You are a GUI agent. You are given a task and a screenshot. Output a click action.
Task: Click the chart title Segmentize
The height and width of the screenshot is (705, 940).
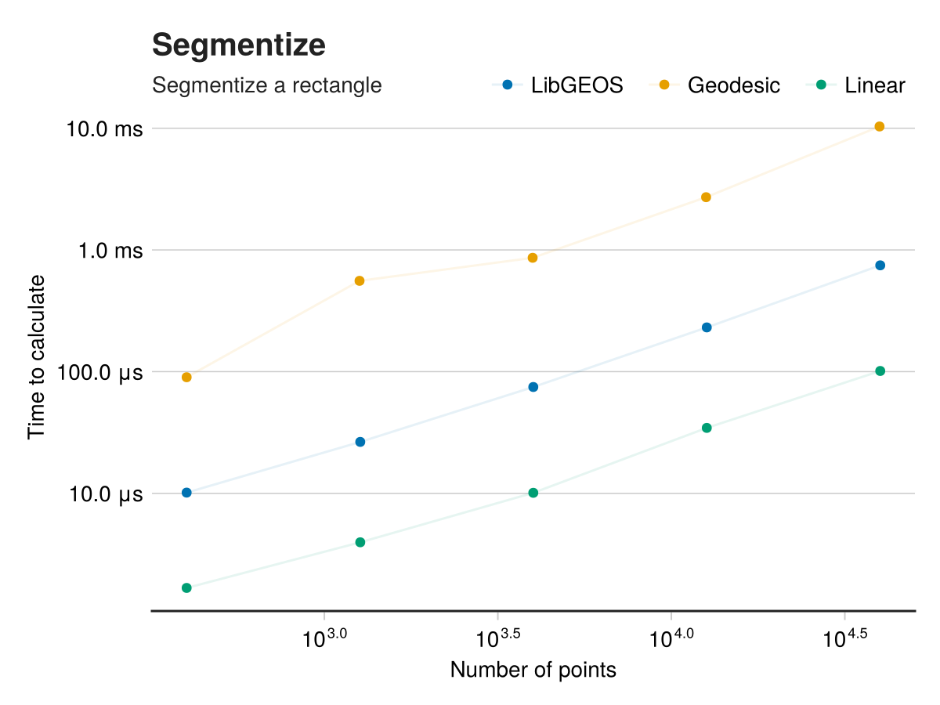[239, 45]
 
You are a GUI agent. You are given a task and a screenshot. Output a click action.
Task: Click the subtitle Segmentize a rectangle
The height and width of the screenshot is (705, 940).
[267, 85]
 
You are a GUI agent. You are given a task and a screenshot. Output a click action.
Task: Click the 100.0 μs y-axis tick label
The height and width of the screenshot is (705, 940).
[100, 372]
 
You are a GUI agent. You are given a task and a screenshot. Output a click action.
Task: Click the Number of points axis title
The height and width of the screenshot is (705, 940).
[533, 671]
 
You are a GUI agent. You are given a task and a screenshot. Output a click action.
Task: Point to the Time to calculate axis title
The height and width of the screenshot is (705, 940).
[37, 356]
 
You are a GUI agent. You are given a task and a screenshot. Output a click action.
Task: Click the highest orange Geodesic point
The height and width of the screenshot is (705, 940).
[879, 127]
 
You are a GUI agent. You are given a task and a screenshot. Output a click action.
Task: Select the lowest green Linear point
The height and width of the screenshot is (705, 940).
[186, 588]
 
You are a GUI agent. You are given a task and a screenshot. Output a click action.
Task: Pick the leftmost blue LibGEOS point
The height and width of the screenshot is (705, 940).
[186, 493]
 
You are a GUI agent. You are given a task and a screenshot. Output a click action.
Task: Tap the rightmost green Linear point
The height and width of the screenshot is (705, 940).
[880, 371]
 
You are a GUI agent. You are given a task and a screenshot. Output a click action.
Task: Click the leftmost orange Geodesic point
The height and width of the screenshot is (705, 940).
[186, 378]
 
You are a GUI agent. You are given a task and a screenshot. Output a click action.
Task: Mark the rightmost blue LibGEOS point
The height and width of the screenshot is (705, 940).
[880, 266]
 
